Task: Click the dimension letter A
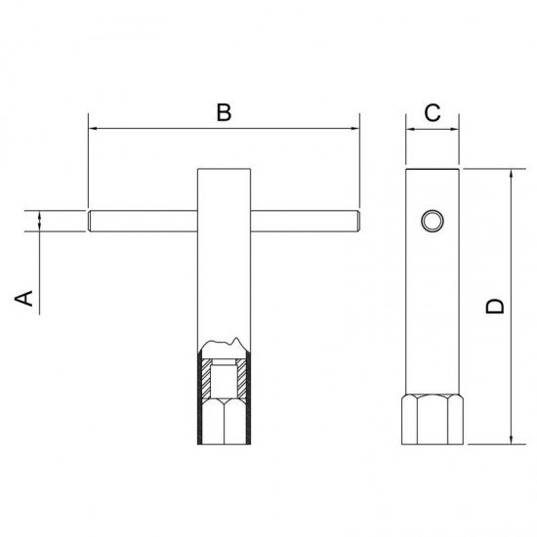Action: tap(23, 298)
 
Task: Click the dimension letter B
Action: tap(224, 112)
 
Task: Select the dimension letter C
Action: tap(433, 112)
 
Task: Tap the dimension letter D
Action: tap(495, 307)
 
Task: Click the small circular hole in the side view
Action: tap(433, 221)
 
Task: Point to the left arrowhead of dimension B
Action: tap(93, 129)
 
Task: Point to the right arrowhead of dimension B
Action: tap(354, 129)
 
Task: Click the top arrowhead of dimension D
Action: tap(511, 173)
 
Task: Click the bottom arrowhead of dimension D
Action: tap(511, 439)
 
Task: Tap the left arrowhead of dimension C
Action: tap(410, 130)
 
